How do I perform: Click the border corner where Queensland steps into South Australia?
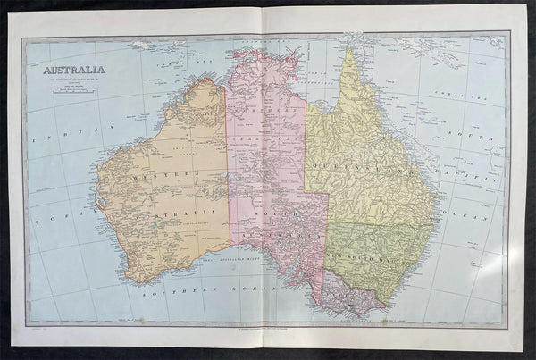(327, 191)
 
